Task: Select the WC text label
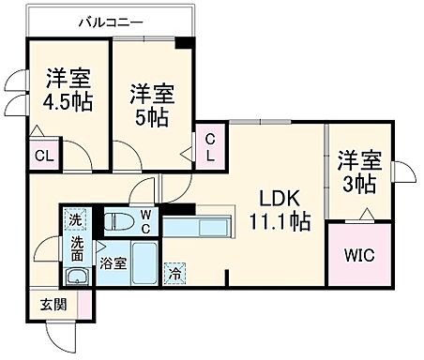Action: [145, 221]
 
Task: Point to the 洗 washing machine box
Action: [76, 220]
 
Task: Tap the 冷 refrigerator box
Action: [174, 275]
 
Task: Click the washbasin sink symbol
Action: [76, 276]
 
